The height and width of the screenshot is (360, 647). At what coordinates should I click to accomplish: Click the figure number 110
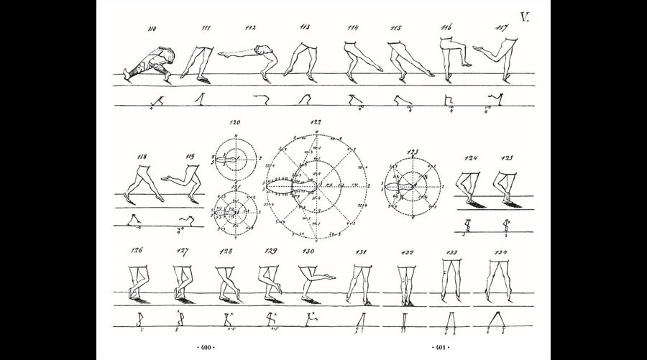[x=152, y=30]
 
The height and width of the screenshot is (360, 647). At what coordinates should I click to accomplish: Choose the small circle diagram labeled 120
[x=235, y=163]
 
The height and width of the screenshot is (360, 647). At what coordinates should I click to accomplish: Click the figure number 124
[x=471, y=157]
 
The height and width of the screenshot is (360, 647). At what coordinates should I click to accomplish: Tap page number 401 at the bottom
[x=438, y=347]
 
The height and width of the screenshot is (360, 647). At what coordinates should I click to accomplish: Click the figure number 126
[x=135, y=251]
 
